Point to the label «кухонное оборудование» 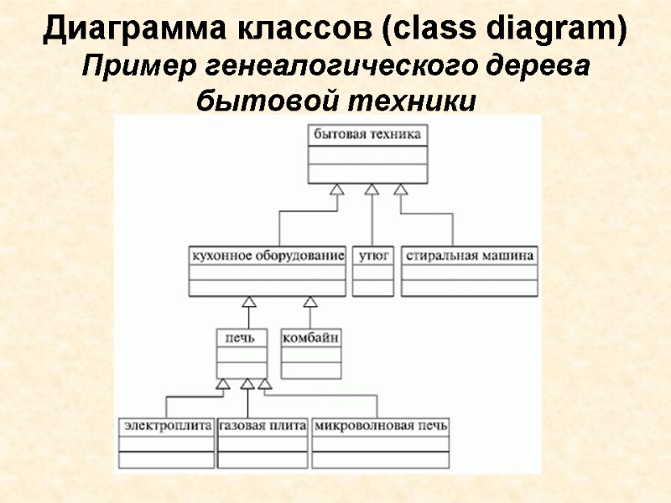(268, 255)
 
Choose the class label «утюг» (373, 255)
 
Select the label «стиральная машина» (470, 255)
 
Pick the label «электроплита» (167, 426)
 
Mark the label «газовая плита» (263, 426)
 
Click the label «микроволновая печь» (381, 426)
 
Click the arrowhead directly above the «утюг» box (372, 189)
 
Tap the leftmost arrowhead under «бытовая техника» (335, 189)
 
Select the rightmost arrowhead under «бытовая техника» (401, 189)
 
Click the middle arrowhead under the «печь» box (247, 384)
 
